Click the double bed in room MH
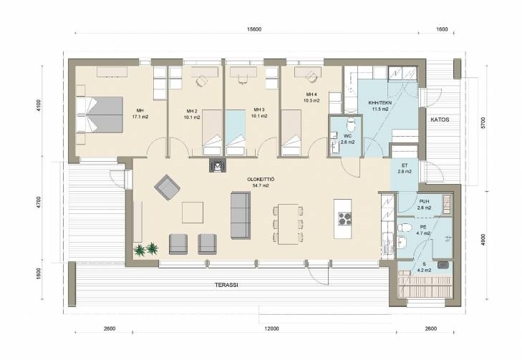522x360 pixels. click(100, 115)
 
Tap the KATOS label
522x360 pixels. click(440, 120)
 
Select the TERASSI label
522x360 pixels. click(226, 285)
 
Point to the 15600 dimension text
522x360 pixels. click(254, 29)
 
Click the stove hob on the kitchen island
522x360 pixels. click(345, 218)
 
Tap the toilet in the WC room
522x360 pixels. click(351, 125)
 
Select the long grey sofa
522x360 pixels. click(241, 215)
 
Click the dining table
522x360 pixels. click(289, 224)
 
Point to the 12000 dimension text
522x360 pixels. click(271, 329)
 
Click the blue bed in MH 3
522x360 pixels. click(236, 132)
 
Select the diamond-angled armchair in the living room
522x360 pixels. click(167, 187)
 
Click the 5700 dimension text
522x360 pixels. click(483, 123)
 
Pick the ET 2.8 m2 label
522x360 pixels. click(405, 168)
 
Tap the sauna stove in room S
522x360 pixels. click(443, 265)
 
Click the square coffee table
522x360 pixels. click(193, 213)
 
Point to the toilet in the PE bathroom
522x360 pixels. click(405, 228)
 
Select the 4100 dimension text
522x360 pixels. click(39, 105)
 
